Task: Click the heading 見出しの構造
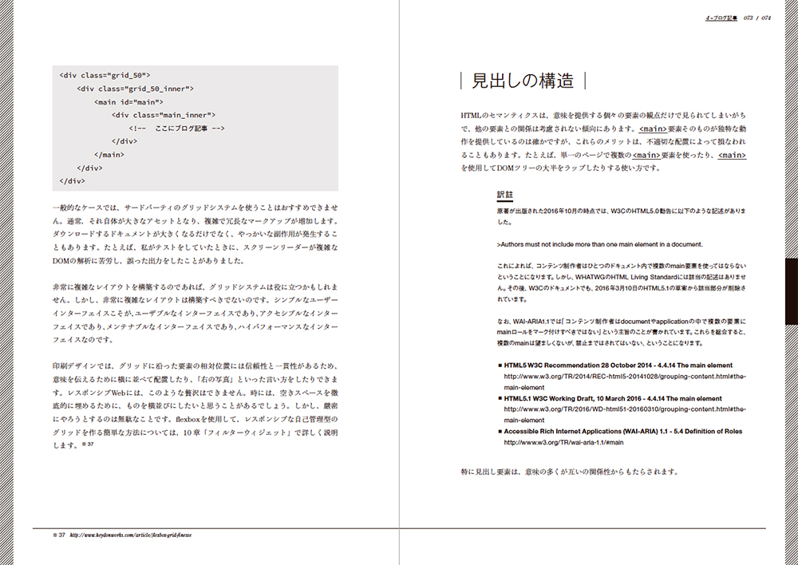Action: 523,81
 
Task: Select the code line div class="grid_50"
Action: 105,75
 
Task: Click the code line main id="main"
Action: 129,102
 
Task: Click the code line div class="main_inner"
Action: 164,115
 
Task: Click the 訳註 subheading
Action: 505,195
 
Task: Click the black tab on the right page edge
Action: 791,290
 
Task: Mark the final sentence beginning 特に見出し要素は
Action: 570,471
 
